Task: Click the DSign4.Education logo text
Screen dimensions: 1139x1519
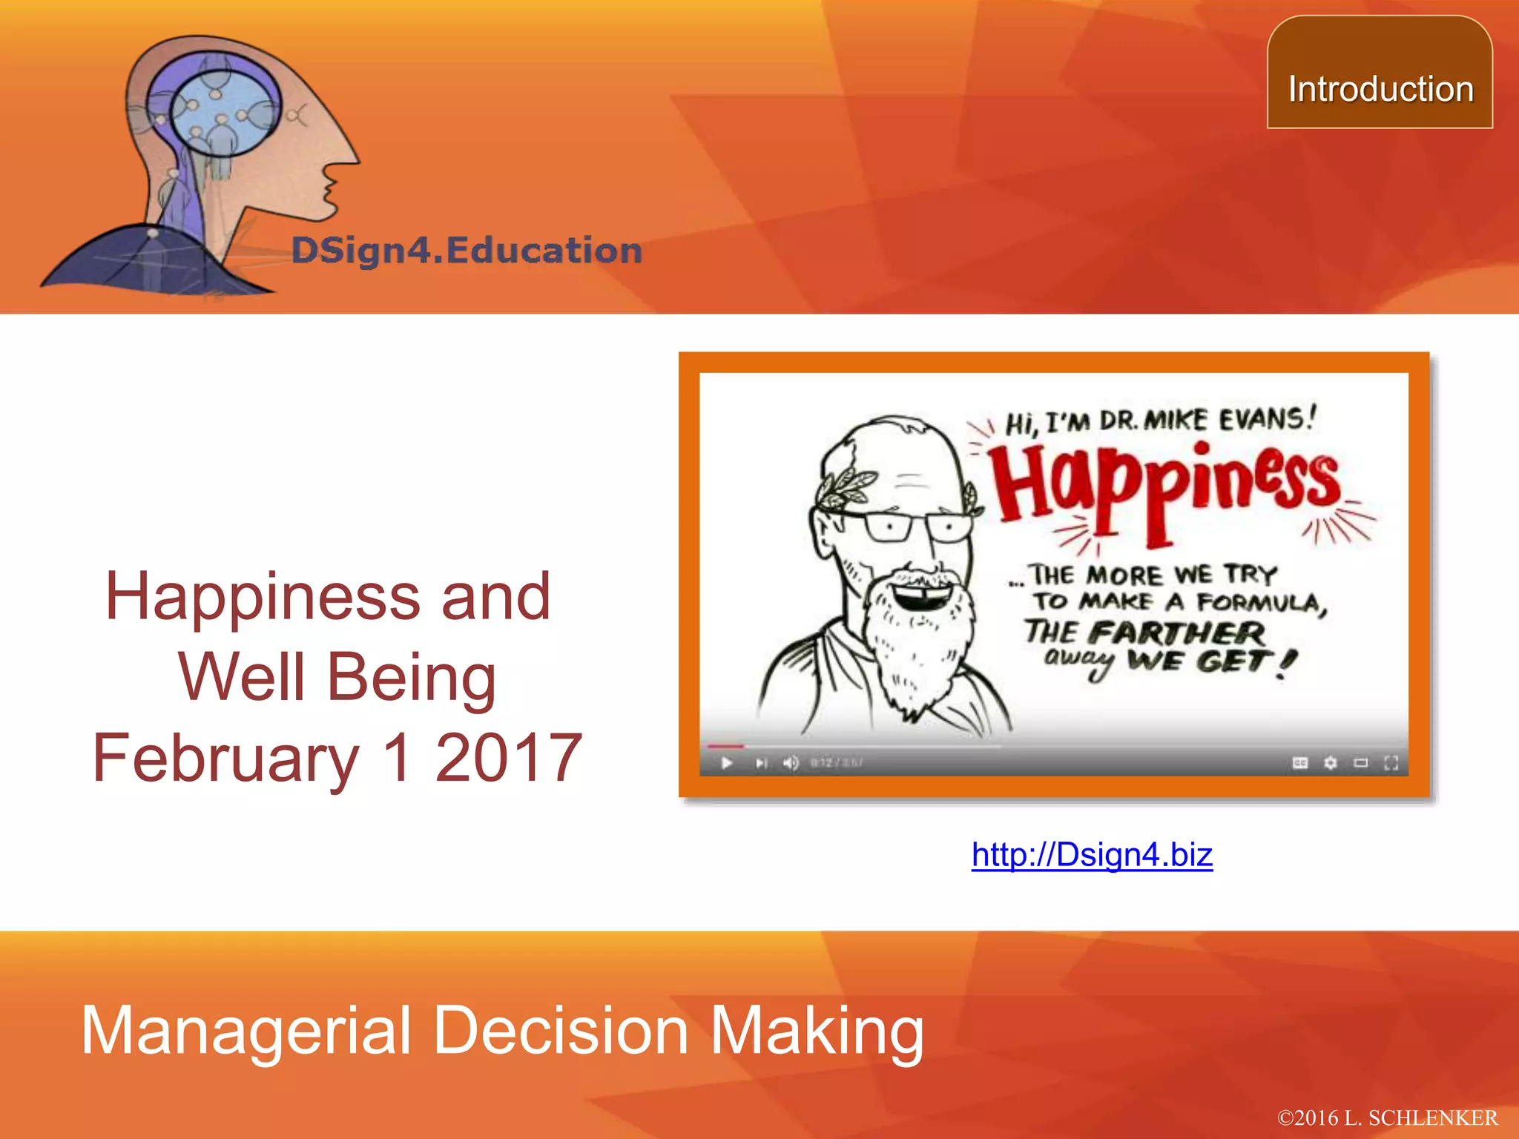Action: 467,251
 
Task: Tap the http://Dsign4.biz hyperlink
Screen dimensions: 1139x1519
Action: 1092,855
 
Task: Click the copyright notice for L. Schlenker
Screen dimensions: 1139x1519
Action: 1387,1118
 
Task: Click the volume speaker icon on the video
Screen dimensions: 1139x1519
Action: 791,763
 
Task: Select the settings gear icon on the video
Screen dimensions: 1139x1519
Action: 1331,763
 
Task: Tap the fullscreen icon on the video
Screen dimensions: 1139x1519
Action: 1391,763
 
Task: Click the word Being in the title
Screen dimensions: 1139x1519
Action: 411,678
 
